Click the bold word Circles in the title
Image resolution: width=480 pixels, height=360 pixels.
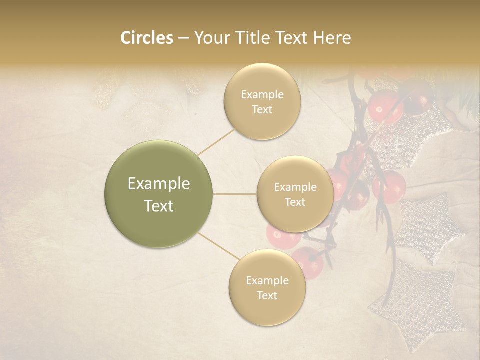146,38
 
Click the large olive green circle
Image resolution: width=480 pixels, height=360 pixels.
159,194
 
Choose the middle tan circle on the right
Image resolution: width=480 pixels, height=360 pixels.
295,194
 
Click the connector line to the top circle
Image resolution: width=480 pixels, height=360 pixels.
216,141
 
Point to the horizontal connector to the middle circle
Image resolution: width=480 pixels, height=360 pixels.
234,194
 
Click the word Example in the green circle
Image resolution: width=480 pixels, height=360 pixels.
159,184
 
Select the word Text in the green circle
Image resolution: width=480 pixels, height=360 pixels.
159,206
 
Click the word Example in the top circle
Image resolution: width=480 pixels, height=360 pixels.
262,94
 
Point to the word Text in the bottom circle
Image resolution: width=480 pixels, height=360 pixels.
267,295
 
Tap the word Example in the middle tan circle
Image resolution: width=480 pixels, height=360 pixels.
295,187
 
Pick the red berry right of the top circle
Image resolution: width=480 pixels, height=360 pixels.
385,106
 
